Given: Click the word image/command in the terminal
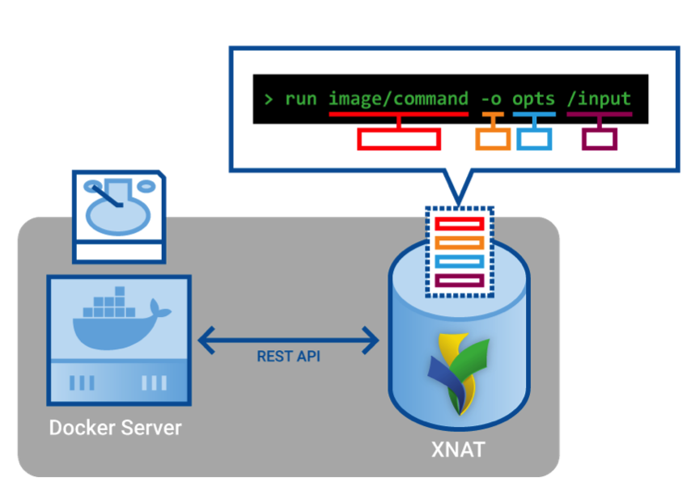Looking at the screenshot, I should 398,99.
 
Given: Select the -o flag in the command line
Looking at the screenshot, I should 491,99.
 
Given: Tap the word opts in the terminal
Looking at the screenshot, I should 533,99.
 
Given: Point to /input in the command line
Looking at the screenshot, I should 599,99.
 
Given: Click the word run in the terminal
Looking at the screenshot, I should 301,99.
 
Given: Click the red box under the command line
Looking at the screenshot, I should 399,139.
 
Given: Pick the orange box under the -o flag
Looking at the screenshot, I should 493,139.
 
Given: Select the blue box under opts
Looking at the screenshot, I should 534,139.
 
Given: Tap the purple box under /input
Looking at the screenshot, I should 600,139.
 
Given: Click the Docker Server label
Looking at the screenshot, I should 116,428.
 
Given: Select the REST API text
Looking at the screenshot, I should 289,357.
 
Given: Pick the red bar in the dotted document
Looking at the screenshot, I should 459,223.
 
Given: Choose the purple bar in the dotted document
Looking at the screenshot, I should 459,281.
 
